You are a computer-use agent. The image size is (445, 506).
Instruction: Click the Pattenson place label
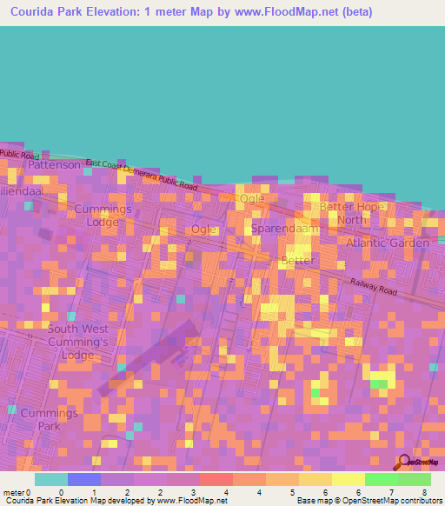(x=55, y=164)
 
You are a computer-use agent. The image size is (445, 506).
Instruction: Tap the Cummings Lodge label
(x=103, y=216)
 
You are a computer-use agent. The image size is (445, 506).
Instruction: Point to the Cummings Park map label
(x=50, y=419)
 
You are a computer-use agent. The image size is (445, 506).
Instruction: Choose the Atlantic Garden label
(x=387, y=243)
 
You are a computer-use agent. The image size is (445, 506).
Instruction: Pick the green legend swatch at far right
(x=415, y=479)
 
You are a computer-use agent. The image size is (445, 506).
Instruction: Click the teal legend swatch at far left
(x=51, y=479)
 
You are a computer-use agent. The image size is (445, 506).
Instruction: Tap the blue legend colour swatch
(x=84, y=479)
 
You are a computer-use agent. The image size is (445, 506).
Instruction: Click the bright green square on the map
(x=379, y=383)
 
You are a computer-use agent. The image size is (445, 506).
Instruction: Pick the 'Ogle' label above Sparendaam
(x=252, y=199)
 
